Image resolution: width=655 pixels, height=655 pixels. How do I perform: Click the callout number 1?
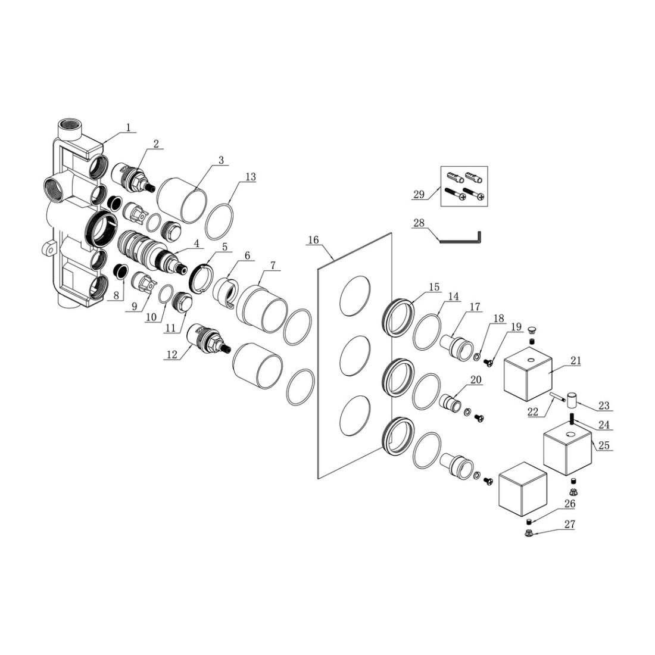tap(128, 127)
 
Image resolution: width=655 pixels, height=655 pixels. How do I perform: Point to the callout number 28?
tap(419, 223)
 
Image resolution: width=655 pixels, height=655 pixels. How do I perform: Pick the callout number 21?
tap(575, 360)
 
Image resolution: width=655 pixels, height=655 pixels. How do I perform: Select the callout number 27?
tap(570, 525)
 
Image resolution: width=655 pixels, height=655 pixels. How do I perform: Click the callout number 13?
tap(250, 176)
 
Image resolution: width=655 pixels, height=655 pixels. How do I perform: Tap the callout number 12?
tap(172, 354)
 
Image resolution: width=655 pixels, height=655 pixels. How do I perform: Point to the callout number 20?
tap(475, 379)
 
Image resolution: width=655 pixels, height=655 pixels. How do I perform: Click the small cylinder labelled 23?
tap(572, 398)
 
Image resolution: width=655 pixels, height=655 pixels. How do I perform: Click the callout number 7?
tap(272, 265)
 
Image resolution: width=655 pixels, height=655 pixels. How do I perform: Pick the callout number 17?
tap(474, 307)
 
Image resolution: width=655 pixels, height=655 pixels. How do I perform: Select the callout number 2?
tap(155, 143)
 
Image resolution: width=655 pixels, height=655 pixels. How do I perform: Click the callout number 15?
tap(433, 286)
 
